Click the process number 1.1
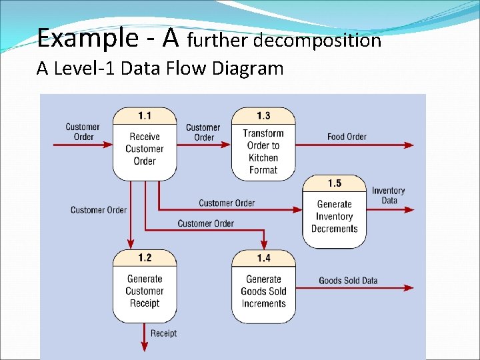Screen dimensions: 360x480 145,115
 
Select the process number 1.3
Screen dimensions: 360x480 263,115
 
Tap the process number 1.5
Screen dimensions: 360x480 335,183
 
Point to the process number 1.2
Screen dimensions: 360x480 145,258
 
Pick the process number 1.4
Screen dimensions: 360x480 263,258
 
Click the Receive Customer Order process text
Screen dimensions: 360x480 145,149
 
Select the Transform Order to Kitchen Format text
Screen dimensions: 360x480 263,151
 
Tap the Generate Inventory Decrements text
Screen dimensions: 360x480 335,217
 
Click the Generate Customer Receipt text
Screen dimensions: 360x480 145,291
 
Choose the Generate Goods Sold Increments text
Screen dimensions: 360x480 263,291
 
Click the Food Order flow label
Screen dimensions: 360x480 347,137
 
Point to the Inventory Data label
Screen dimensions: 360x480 389,195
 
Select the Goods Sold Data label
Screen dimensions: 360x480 348,281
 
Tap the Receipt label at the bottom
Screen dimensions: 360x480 163,333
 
